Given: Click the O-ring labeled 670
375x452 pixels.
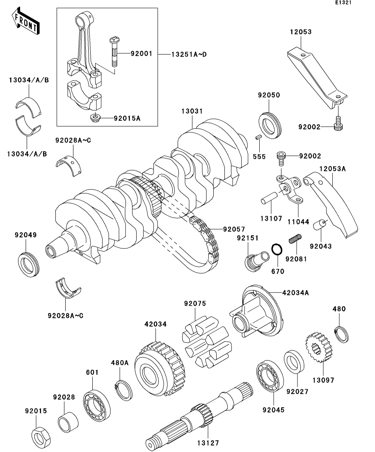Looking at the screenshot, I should point(277,250).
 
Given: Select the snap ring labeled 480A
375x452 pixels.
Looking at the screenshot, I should point(122,389).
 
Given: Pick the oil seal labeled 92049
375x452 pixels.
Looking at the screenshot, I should point(29,264).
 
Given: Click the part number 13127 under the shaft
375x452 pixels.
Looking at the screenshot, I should point(207,443).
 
